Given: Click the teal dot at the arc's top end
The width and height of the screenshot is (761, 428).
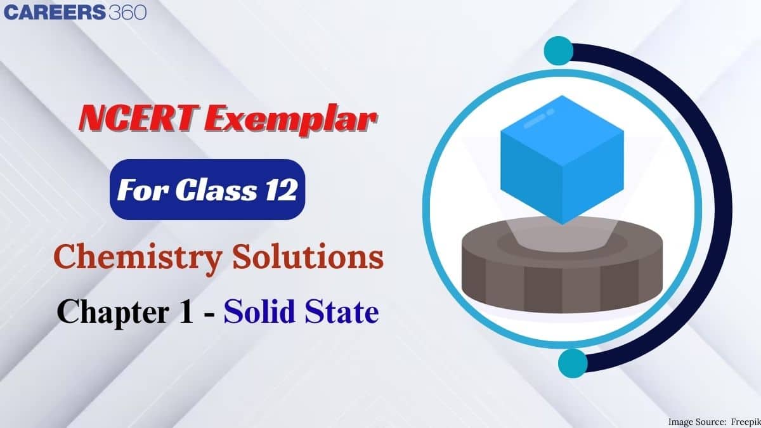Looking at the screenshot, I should tap(559, 49).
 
